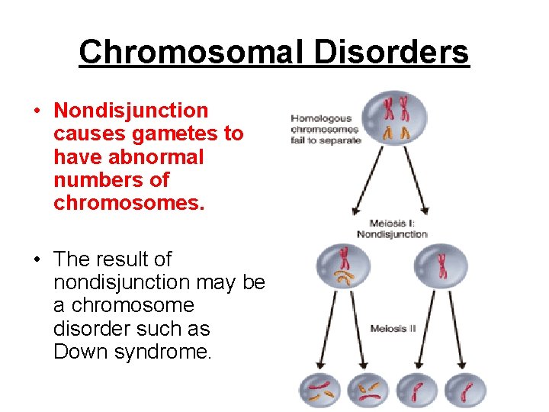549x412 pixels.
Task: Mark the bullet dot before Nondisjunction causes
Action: coord(37,111)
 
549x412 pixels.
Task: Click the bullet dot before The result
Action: coord(37,260)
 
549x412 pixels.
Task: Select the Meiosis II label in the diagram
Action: coord(393,329)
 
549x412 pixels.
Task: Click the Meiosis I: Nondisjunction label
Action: coord(392,229)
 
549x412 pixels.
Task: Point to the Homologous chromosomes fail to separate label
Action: coord(325,129)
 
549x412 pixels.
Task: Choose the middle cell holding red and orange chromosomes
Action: coord(344,267)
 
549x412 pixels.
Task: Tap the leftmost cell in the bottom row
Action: coord(320,390)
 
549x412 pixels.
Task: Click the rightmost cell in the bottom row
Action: coord(464,390)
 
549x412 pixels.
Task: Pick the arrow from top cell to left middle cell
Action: coord(368,180)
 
